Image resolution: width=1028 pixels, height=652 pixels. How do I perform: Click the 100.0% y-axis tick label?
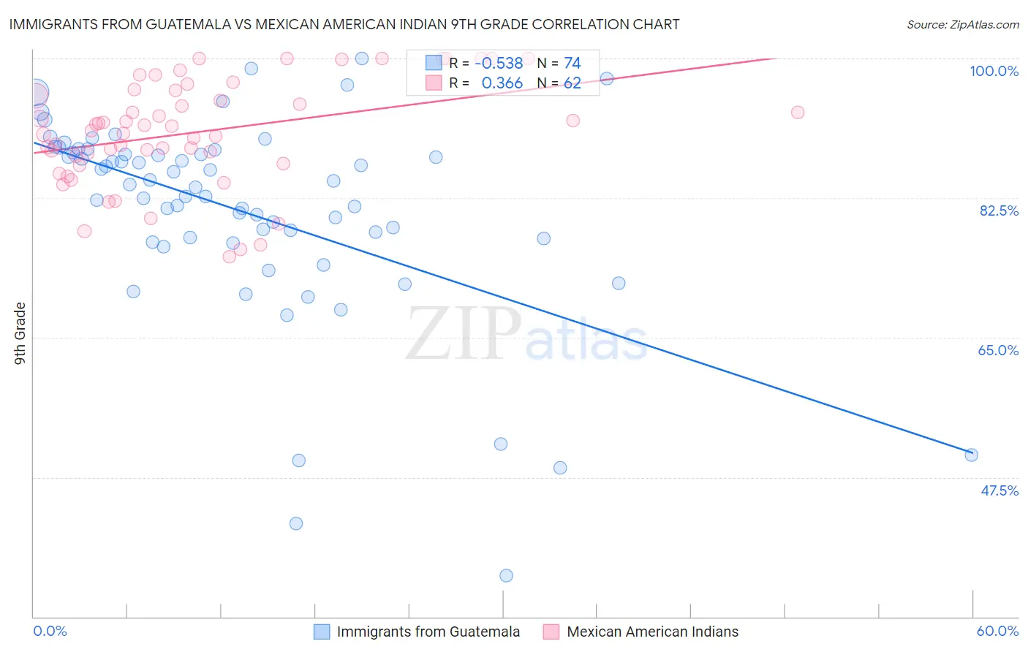tap(994, 71)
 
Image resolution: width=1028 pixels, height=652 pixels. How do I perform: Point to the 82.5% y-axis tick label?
tap(999, 211)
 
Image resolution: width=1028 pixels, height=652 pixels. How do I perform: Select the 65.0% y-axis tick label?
tap(998, 350)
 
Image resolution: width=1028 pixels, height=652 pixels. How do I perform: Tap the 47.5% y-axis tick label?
tap(999, 490)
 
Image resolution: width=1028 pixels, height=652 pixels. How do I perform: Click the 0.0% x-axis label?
tap(50, 631)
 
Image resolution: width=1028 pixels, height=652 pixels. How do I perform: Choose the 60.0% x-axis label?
tap(997, 631)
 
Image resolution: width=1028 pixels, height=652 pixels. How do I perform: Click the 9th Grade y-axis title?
tap(20, 333)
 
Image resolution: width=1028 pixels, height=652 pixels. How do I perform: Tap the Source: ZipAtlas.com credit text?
tap(962, 24)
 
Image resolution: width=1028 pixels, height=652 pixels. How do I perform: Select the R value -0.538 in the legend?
tap(499, 64)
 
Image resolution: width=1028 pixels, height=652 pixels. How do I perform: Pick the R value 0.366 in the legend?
tap(502, 83)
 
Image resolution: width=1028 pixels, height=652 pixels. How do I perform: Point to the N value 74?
tap(572, 64)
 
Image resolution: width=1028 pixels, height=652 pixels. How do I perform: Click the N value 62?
tap(572, 83)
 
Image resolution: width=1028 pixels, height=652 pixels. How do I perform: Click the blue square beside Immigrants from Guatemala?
tap(322, 632)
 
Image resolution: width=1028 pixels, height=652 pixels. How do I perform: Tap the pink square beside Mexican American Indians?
tap(551, 632)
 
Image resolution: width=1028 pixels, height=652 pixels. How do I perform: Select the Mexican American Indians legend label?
tap(652, 632)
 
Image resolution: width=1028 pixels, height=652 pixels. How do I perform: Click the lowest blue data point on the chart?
tap(506, 575)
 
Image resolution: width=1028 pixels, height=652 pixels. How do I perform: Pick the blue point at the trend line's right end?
tap(971, 455)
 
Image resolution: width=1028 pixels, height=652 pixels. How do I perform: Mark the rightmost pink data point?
tap(798, 113)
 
